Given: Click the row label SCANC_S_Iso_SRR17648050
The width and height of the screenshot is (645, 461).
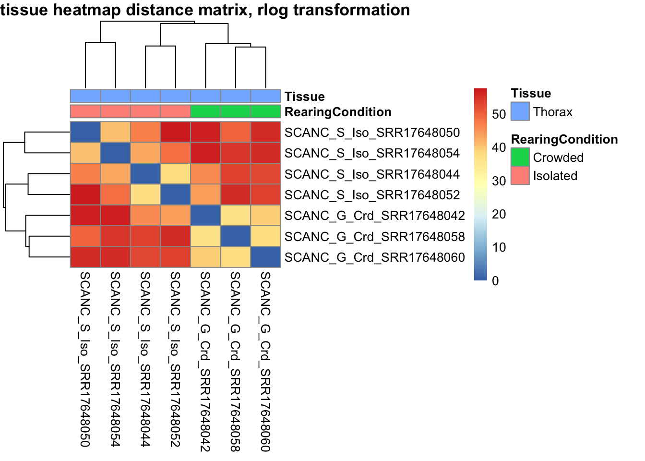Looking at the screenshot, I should pos(372,133).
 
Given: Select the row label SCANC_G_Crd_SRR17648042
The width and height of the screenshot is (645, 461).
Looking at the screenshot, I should pos(374,216).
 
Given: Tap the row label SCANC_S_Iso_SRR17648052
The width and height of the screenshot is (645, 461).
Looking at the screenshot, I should pos(372,195).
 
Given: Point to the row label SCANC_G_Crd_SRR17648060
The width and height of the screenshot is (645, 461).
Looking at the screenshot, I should pos(374,257).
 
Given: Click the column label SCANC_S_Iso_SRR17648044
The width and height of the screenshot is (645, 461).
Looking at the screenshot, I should pos(145,359).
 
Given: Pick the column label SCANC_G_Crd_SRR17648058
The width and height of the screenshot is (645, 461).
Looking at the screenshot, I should pos(235,362).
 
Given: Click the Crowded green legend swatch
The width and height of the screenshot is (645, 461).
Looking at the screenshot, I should pos(520,157).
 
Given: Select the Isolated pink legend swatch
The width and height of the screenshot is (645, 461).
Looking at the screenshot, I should pos(520,175).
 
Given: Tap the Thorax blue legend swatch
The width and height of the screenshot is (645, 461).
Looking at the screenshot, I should pos(520,111).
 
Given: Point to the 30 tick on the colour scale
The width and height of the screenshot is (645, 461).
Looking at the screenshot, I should pos(499,181).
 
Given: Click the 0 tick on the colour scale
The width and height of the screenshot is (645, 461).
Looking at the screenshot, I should pos(495,280).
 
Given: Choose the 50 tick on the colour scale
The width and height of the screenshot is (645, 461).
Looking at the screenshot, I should pos(499,114).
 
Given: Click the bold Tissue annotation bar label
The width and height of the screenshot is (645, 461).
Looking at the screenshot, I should pos(304,97).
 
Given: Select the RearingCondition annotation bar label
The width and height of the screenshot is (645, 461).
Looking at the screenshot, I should pos(338,112).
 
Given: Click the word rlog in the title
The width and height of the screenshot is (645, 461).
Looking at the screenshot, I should pos(274,10).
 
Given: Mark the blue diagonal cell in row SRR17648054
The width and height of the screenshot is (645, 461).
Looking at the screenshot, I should pos(115,153).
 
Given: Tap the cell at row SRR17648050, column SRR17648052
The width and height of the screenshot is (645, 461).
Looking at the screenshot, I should pos(175,133).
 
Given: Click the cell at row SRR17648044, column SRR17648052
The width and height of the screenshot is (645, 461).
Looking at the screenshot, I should pos(175,174).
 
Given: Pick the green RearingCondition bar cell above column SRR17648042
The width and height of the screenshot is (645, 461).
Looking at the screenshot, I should pos(205,111).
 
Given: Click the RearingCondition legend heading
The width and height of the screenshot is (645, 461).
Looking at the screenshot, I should pos(564,139).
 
